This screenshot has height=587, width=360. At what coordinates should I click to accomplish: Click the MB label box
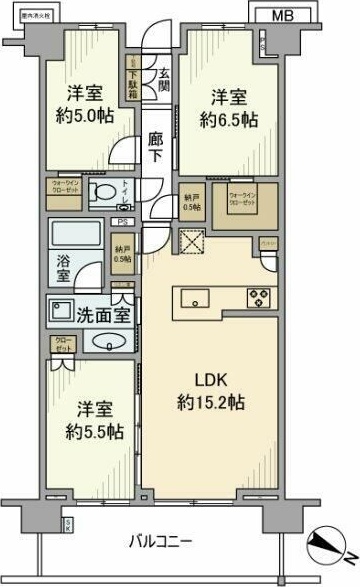283,15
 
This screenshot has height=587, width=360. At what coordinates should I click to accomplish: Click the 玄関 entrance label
161,79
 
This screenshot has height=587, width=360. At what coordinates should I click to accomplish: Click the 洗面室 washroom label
103,311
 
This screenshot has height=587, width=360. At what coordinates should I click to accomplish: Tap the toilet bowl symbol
99,193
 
